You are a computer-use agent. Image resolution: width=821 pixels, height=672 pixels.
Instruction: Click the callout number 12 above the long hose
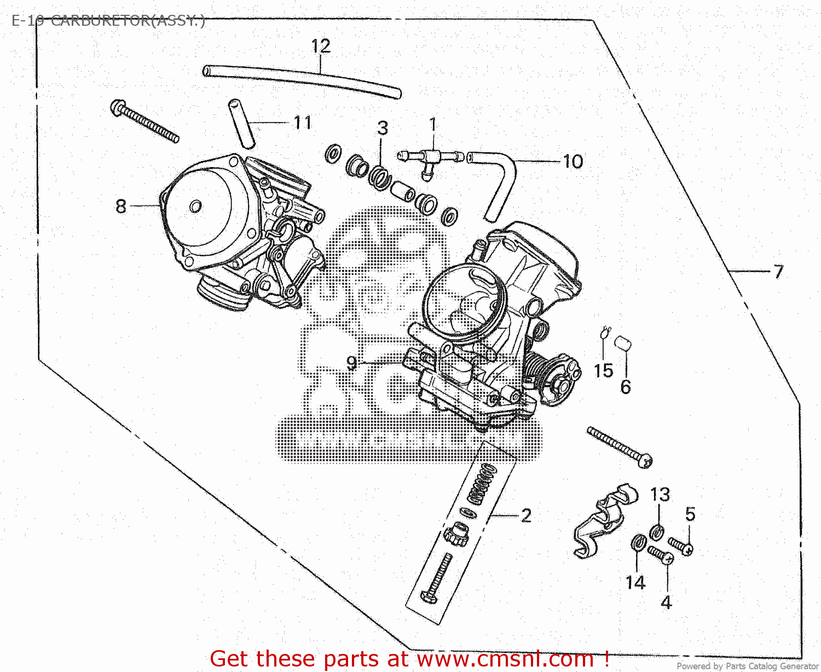tap(321, 46)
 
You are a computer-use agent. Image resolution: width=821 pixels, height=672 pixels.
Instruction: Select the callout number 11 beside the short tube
tap(303, 123)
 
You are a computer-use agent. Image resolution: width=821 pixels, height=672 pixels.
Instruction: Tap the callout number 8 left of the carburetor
tap(121, 206)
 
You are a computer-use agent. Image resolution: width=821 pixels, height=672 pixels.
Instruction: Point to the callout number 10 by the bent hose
tap(573, 162)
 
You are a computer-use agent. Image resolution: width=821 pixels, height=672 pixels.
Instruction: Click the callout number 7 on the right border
tap(778, 271)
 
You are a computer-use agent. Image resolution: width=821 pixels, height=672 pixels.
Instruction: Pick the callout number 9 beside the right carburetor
tap(351, 363)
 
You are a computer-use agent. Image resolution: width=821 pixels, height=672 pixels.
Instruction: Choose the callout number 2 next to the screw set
tap(526, 515)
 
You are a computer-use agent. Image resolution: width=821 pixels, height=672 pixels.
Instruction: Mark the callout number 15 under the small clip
tap(603, 371)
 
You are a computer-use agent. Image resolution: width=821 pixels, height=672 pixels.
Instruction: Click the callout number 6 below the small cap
tap(626, 387)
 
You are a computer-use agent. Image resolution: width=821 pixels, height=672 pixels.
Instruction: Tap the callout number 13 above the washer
tap(660, 495)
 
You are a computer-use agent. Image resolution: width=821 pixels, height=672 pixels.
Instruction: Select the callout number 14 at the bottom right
tap(635, 583)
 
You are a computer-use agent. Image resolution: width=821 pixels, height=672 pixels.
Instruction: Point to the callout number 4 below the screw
tap(666, 602)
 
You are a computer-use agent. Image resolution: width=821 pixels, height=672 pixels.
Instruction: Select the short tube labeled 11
tap(241, 123)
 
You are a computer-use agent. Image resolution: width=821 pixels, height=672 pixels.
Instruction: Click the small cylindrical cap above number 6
tap(622, 343)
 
